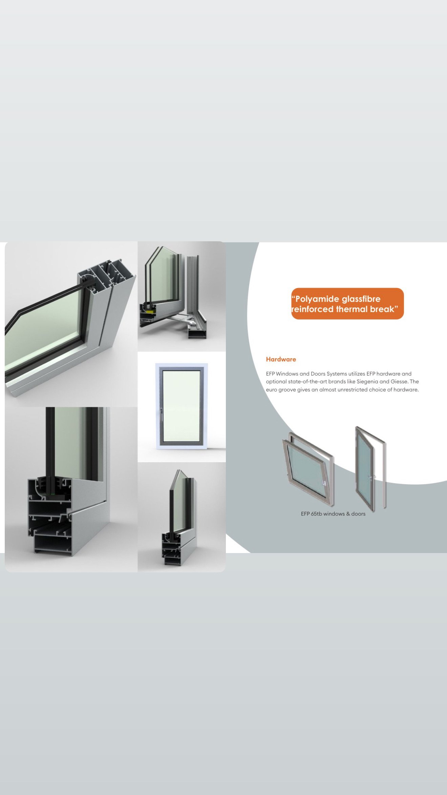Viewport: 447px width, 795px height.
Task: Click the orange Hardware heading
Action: (x=281, y=359)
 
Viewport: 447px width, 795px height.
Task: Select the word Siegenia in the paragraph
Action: (x=367, y=382)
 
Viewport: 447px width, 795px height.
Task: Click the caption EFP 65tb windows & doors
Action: (x=333, y=514)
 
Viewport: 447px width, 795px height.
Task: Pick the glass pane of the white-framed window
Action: (x=181, y=406)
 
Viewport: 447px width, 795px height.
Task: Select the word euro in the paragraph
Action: (x=271, y=390)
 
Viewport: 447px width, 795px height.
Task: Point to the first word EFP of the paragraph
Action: (x=270, y=374)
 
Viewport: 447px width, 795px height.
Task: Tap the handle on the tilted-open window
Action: (x=324, y=483)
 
